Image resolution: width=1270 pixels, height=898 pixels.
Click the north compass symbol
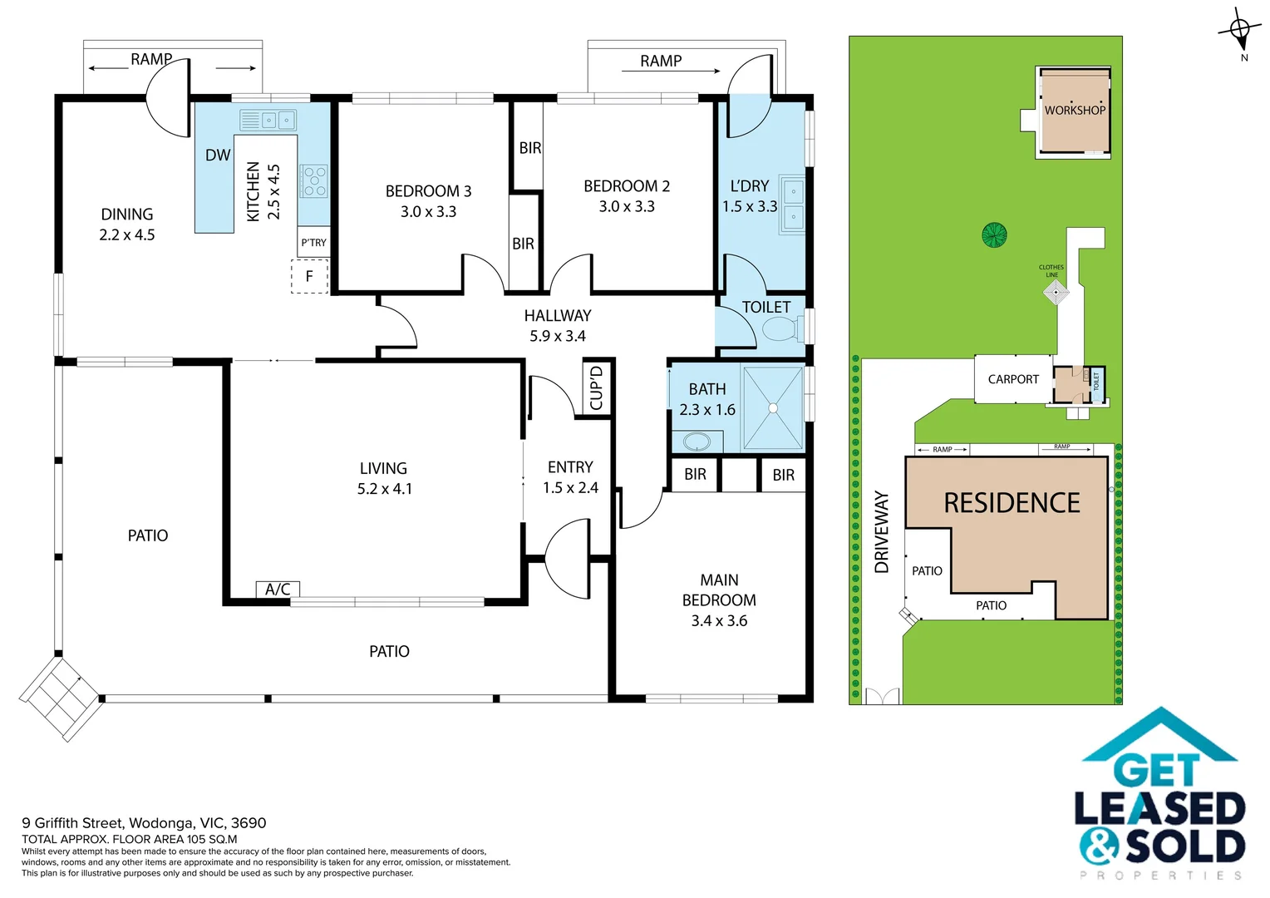[1239, 31]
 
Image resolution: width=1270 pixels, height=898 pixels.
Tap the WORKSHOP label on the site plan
[1075, 110]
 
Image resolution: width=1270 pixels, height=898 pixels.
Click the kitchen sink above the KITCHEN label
[268, 121]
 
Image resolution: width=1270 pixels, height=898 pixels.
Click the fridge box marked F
[309, 276]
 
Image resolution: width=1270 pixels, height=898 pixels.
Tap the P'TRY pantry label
[313, 243]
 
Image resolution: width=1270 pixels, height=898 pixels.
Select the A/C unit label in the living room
[278, 590]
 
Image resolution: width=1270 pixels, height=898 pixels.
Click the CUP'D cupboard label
[596, 387]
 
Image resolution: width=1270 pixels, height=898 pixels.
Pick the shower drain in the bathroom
[773, 408]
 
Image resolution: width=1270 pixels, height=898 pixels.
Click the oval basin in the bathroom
[697, 441]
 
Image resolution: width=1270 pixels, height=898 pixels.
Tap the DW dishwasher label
[218, 155]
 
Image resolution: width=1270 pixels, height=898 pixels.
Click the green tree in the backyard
[994, 235]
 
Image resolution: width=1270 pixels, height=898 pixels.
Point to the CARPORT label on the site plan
[1013, 379]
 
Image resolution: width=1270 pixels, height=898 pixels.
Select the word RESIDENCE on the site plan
[1012, 503]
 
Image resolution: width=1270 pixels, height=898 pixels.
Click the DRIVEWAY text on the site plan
[882, 532]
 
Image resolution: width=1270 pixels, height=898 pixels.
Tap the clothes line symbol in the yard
[1056, 292]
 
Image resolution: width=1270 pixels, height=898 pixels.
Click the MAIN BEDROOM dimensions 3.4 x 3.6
[719, 621]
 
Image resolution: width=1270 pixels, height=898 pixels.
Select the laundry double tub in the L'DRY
[792, 205]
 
